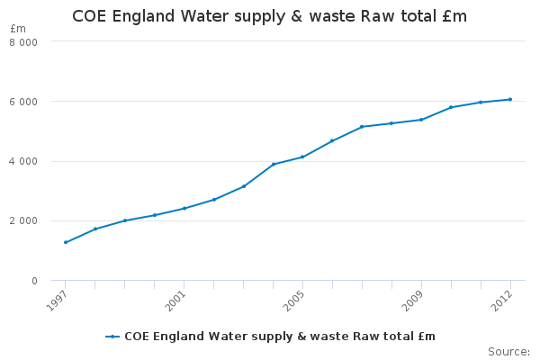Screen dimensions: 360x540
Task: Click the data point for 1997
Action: [x=66, y=242]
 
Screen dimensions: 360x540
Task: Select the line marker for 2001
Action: [x=184, y=208]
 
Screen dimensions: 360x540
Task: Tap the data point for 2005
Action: [x=302, y=157]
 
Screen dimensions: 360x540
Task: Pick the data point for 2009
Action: [x=421, y=120]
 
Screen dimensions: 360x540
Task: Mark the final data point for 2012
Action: [x=510, y=99]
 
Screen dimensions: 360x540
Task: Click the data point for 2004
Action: [x=273, y=164]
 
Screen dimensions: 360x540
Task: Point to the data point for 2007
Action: [x=362, y=127]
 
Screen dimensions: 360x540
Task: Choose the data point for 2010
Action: [x=451, y=107]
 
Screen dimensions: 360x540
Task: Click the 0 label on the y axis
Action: [x=35, y=281]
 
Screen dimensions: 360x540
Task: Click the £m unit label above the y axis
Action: [x=18, y=29]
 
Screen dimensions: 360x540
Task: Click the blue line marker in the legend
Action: [x=112, y=337]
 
